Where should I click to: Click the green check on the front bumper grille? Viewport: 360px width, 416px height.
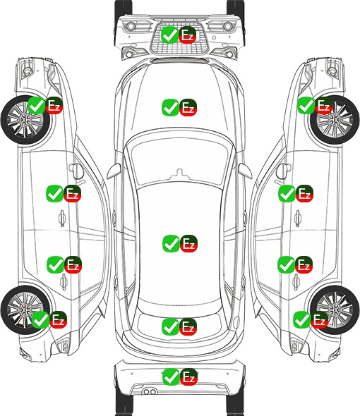pos(169,35)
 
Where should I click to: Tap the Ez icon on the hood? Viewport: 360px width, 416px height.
pos(188,107)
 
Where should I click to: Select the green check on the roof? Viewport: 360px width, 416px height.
pos(171,243)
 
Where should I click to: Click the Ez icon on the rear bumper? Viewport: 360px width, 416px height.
pos(188,377)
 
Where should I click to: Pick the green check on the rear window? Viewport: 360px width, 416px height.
pos(170,326)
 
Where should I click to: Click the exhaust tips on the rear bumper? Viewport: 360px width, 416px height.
pos(150,391)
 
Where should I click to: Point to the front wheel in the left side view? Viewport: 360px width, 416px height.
pos(25,120)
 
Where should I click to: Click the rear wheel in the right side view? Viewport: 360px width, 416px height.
pos(335,310)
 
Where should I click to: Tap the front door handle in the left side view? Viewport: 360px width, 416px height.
pos(62,218)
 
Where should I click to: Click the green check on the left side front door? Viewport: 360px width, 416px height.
pos(54,193)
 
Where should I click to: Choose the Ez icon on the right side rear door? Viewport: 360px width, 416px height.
pos(304,264)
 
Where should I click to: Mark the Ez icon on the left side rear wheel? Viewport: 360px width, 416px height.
pos(58,319)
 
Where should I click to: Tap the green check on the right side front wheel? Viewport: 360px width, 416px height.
pos(306,105)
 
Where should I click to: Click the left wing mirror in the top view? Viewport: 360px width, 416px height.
pos(114,171)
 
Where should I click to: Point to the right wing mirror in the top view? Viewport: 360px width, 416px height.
pos(245,171)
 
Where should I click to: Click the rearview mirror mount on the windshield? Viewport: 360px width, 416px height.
pos(179,173)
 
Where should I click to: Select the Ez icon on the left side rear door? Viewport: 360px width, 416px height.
pos(73,264)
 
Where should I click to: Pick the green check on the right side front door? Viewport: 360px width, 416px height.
pos(287,193)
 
